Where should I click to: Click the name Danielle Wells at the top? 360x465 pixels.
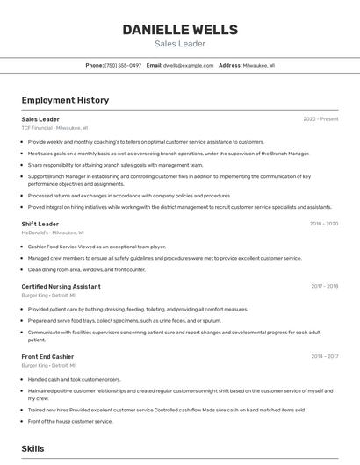tap(180, 30)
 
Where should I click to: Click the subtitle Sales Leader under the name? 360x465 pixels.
tap(180, 44)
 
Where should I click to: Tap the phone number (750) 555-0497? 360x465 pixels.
tap(123, 65)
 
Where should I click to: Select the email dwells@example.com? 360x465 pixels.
tap(188, 65)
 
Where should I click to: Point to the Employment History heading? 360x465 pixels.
tap(65, 101)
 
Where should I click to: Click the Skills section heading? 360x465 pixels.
tap(32, 448)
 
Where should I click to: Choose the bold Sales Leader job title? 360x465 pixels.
tap(40, 119)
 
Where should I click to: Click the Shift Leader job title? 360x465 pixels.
tap(40, 224)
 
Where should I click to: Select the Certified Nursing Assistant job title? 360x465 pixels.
tap(61, 287)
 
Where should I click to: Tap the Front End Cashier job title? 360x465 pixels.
tap(47, 356)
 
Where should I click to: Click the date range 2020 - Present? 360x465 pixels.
tap(320, 119)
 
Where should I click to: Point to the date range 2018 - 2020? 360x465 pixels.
tap(323, 224)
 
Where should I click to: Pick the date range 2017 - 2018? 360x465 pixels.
tap(324, 287)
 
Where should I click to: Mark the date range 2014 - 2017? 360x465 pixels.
tap(324, 356)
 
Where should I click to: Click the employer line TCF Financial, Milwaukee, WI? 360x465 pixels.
tap(55, 128)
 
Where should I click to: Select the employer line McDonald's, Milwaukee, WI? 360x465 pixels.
tap(53, 232)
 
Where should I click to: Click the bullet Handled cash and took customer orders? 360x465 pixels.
tap(75, 379)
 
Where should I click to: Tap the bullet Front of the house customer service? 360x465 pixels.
tap(70, 421)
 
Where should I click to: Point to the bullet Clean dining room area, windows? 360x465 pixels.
tap(87, 269)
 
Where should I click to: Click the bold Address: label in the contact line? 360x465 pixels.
tap(230, 65)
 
